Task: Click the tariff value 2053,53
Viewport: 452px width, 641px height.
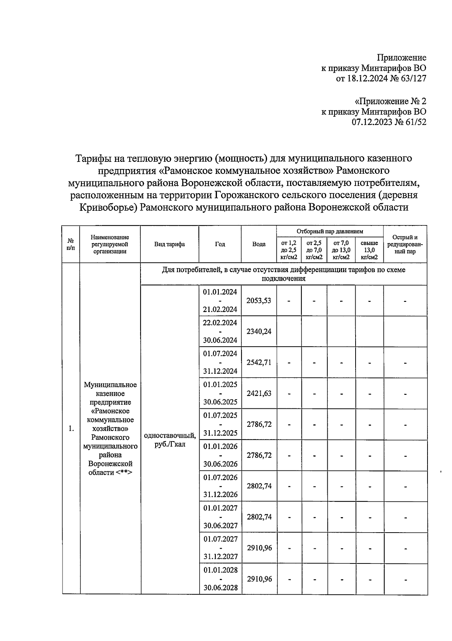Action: [x=259, y=301]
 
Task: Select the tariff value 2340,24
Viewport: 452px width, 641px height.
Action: [x=259, y=332]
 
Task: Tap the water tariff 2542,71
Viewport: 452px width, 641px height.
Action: [x=259, y=362]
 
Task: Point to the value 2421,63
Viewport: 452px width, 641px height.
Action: [x=259, y=393]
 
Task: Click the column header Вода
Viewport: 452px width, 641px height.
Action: [x=259, y=244]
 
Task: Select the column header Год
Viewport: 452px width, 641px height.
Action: [x=220, y=244]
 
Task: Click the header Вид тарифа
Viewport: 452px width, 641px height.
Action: [x=169, y=244]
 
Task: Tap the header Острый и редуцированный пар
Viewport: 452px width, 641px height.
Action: [x=405, y=244]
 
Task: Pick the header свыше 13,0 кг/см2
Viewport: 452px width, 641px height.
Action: [x=369, y=250]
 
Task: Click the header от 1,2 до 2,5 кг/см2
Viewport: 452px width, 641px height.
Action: [x=289, y=250]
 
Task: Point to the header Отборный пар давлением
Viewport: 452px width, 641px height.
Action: [x=330, y=231]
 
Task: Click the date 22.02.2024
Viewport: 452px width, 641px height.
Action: [x=220, y=323]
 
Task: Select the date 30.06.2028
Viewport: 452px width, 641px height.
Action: [x=220, y=588]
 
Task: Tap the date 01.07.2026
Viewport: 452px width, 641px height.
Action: [x=220, y=477]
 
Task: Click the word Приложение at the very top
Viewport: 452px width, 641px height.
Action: [x=402, y=58]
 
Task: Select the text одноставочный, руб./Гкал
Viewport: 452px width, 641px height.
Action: [x=170, y=440]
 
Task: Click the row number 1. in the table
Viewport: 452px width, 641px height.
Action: [x=71, y=429]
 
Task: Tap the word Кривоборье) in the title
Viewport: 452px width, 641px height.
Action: [x=108, y=207]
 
